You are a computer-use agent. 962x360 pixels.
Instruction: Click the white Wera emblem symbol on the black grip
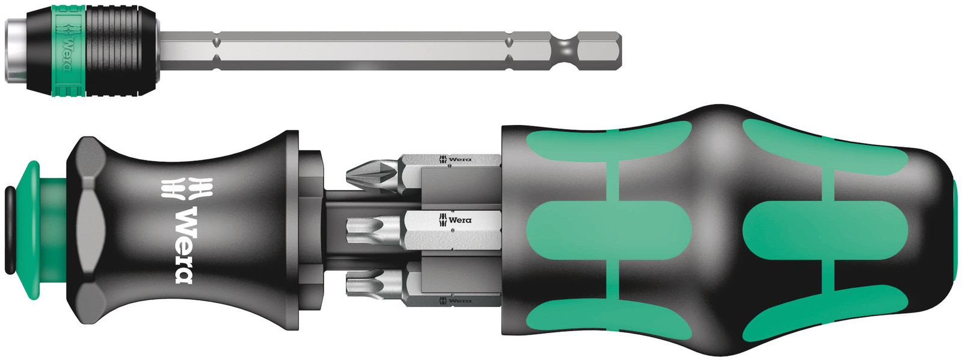click(x=187, y=188)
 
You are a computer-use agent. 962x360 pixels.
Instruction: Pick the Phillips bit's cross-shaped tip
click(x=372, y=175)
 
